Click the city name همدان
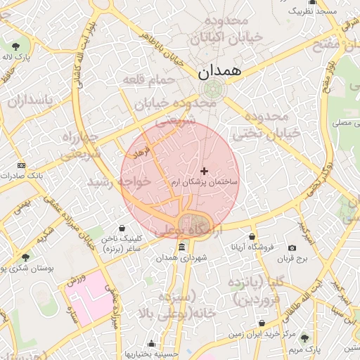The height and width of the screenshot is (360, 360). pyautogui.click(x=219, y=71)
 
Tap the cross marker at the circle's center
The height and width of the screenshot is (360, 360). pyautogui.click(x=205, y=171)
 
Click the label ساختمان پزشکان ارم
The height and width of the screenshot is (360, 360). pyautogui.click(x=205, y=182)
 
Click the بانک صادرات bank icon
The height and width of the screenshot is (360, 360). pyautogui.click(x=20, y=165)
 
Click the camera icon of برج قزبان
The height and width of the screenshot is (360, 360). pyautogui.click(x=292, y=247)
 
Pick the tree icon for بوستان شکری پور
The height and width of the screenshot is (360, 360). pyautogui.click(x=26, y=258)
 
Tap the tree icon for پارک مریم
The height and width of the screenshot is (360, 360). pyautogui.click(x=304, y=339)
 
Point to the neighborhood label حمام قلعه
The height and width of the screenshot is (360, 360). pyautogui.click(x=148, y=81)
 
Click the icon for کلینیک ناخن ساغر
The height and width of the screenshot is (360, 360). pyautogui.click(x=124, y=229)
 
